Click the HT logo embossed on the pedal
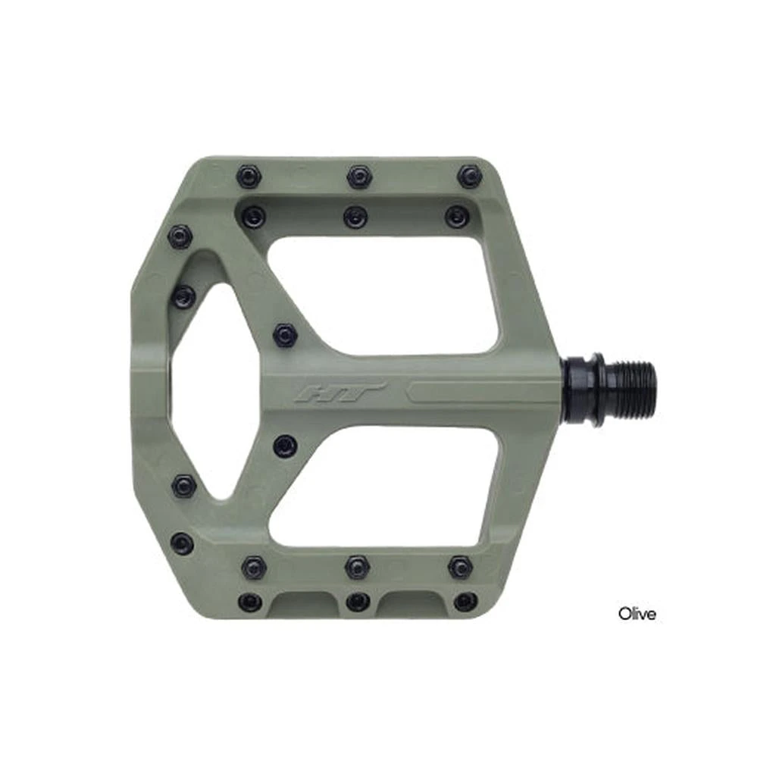click(x=340, y=393)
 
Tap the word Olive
click(x=637, y=613)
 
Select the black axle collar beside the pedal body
click(x=584, y=389)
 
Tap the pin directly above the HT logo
click(x=285, y=334)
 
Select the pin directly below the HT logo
click(x=285, y=446)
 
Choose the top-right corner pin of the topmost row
click(x=470, y=177)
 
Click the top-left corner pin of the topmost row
click(x=249, y=177)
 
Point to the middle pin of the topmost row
click(x=359, y=177)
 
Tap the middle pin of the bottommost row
click(x=358, y=602)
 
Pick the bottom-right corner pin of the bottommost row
click(x=465, y=602)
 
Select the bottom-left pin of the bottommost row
click(x=249, y=602)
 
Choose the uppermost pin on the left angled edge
click(x=180, y=237)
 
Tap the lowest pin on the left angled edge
click(x=182, y=543)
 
